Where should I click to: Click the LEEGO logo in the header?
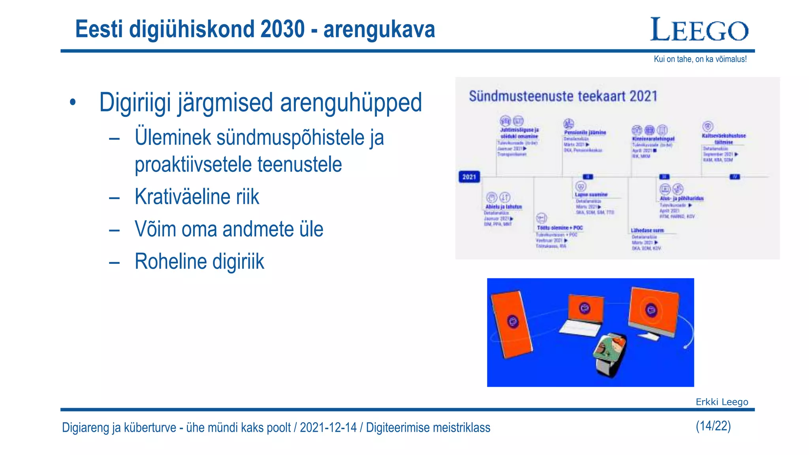pos(699,30)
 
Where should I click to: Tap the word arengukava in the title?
pos(379,29)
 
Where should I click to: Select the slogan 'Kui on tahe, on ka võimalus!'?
pos(700,59)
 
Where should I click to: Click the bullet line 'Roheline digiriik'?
pos(199,261)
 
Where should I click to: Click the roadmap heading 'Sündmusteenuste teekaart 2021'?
pos(563,96)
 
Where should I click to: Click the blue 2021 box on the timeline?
pos(469,177)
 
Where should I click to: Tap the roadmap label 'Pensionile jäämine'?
pos(585,133)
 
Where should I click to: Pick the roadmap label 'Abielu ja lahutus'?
pos(503,207)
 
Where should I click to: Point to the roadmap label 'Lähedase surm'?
pos(647,230)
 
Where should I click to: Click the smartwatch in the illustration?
pos(610,352)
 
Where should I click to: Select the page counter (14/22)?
pos(713,426)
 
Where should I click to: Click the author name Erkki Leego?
pos(722,402)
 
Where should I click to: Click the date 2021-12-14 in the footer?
pos(328,427)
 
